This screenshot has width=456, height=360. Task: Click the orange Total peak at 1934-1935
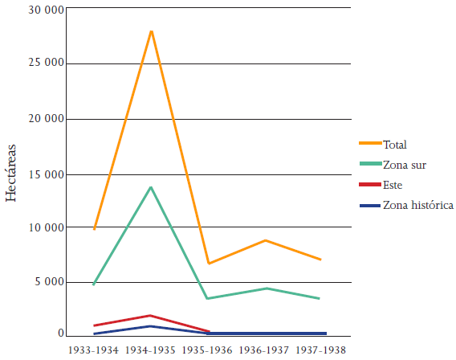click(x=151, y=31)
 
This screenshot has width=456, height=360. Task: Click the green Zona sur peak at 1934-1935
click(x=151, y=187)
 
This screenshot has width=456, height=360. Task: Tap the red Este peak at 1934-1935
click(x=151, y=315)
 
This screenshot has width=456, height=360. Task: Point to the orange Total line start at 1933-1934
click(x=94, y=229)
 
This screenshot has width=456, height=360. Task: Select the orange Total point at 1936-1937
click(x=265, y=240)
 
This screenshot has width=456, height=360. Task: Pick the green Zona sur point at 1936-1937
click(x=265, y=288)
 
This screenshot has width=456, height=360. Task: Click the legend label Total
click(x=395, y=145)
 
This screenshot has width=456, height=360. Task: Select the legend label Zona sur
click(x=405, y=165)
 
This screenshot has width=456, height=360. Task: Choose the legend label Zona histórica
click(x=418, y=206)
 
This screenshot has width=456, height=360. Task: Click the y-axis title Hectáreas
click(x=11, y=172)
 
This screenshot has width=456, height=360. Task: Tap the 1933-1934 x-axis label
click(x=94, y=351)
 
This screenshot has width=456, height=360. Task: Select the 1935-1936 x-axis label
click(x=208, y=351)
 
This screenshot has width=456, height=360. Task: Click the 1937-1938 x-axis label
click(x=322, y=351)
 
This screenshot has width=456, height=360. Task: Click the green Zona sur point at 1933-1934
click(x=94, y=284)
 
